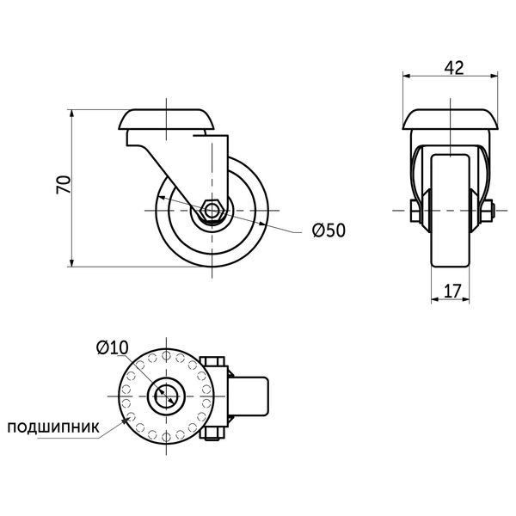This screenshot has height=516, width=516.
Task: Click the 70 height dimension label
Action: [64, 185]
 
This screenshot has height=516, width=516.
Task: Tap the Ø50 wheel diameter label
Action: [329, 230]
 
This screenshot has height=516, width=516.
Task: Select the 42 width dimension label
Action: [454, 67]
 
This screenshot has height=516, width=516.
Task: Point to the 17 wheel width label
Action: [453, 291]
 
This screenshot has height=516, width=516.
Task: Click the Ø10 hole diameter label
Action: [112, 347]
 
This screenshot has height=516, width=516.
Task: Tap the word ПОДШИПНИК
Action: [53, 427]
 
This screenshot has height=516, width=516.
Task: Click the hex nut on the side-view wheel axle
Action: [212, 211]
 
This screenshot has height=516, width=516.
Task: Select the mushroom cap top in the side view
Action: [166, 120]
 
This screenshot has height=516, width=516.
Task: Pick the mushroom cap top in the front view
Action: [450, 120]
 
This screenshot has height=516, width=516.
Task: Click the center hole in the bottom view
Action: [166, 396]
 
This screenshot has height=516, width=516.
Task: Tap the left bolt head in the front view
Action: [414, 211]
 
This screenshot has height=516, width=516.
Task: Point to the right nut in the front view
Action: [487, 211]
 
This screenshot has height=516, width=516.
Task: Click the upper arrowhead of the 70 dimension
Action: [71, 114]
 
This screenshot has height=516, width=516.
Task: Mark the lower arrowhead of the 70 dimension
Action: [71, 262]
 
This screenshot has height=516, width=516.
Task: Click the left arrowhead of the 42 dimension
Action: [408, 76]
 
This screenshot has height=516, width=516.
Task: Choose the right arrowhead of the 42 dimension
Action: [494, 76]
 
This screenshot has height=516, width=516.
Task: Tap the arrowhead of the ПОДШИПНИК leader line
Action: [126, 421]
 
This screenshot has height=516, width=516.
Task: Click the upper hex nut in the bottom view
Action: [212, 361]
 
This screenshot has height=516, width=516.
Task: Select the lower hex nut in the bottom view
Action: [212, 433]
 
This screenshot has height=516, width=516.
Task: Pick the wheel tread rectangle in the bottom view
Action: [249, 396]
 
